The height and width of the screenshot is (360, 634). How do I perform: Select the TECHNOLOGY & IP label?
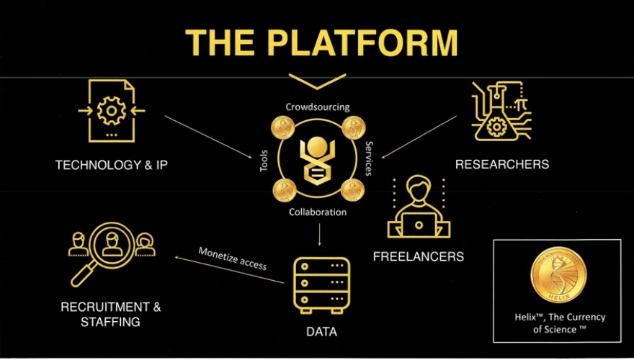[x=116, y=166]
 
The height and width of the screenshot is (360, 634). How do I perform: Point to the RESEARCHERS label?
[x=501, y=164]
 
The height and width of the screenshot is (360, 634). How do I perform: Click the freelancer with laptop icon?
[x=419, y=209]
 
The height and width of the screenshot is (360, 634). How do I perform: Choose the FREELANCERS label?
[x=419, y=256]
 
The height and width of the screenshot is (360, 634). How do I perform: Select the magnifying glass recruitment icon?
[x=110, y=253]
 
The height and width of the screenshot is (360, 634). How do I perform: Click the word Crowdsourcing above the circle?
[x=317, y=107]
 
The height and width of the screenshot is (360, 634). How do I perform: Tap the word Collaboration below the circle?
[x=318, y=212]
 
